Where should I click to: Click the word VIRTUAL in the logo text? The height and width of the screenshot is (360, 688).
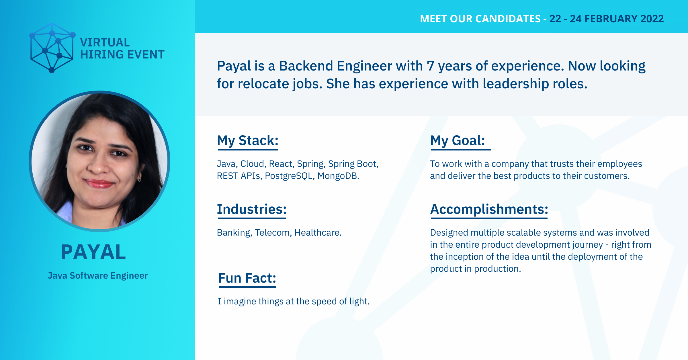click(x=105, y=42)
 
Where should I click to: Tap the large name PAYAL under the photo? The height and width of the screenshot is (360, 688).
click(x=93, y=252)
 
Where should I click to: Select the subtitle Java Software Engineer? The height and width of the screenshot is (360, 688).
click(x=98, y=275)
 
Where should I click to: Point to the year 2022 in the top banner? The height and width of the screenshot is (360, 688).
click(x=652, y=19)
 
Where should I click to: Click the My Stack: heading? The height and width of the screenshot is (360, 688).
click(x=248, y=141)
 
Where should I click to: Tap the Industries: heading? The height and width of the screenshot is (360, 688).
click(x=252, y=209)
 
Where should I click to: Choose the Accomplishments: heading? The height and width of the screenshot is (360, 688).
click(x=489, y=209)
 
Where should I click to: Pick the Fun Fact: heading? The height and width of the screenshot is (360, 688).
click(x=247, y=278)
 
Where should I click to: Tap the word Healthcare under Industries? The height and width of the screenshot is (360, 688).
click(x=318, y=232)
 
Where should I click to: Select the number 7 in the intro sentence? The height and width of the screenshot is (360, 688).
click(x=430, y=66)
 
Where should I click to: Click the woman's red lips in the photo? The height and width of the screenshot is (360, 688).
click(x=99, y=183)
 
